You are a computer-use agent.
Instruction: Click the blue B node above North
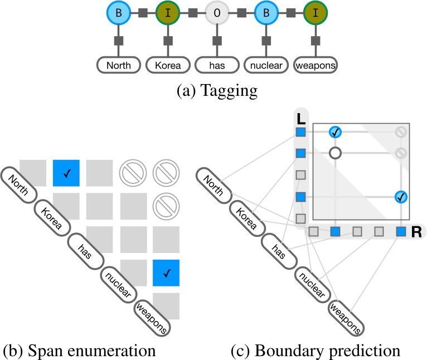point(118,12)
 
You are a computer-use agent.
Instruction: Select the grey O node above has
point(217,12)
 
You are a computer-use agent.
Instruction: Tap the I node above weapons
point(316,12)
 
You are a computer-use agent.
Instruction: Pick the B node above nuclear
point(266,12)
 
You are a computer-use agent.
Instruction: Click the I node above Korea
point(167,12)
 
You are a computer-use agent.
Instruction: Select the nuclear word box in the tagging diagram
point(266,65)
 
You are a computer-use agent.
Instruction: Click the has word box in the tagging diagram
point(217,65)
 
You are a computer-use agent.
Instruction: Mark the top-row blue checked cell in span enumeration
point(66,173)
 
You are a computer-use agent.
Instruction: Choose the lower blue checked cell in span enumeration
point(166,273)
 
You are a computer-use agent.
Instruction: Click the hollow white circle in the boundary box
point(334,152)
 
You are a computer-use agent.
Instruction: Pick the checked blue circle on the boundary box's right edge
point(400,196)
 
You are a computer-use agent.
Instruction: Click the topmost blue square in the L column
point(300,132)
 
